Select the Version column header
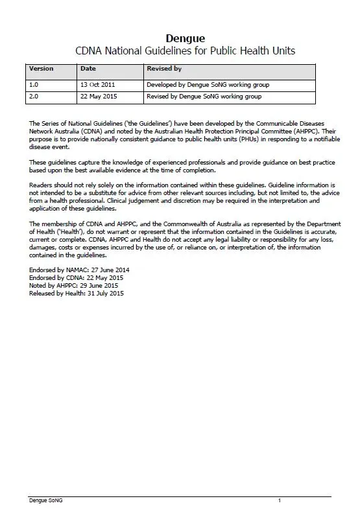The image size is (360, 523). tap(42, 69)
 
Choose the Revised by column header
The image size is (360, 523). tap(164, 69)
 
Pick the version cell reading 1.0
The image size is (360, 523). tap(34, 85)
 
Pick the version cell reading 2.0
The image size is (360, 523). tap(34, 97)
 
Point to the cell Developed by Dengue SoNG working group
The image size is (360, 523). tap(208, 85)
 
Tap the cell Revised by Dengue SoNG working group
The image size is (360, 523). tap(204, 97)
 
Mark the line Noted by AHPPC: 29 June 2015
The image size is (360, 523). tap(73, 285)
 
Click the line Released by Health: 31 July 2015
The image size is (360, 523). tap(77, 293)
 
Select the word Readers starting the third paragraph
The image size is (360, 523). tap(42, 185)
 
